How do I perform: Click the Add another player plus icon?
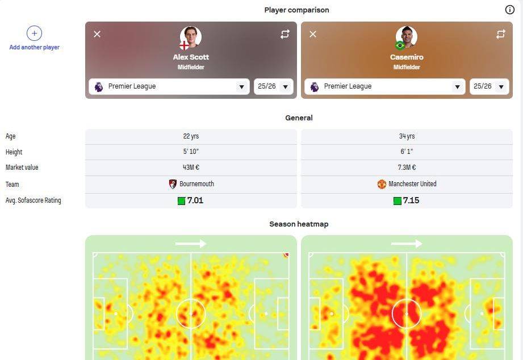34,34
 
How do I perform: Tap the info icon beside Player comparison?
509,10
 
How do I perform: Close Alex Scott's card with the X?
97,34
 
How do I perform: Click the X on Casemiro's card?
313,34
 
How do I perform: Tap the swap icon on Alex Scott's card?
284,34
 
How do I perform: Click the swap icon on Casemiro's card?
500,34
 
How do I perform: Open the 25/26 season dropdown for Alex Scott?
274,86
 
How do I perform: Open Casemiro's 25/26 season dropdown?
489,86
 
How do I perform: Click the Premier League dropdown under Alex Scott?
169,86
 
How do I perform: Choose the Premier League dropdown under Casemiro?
385,86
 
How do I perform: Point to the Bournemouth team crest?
173,184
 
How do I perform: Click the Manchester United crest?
382,184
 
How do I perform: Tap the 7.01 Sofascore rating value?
195,200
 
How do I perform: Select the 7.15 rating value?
411,200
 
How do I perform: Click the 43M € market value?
191,168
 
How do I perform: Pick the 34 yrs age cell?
407,136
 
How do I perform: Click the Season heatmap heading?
299,224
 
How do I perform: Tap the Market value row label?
22,168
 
